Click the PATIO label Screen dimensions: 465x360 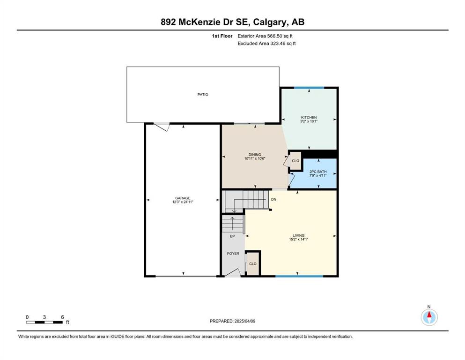click(203, 94)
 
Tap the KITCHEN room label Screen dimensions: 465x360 click(309, 118)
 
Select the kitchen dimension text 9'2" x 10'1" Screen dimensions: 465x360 click(309, 121)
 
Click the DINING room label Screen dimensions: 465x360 click(255, 155)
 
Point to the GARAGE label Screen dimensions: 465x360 click(183, 198)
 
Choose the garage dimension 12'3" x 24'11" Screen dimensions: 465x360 click(183, 202)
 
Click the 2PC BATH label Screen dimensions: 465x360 click(318, 172)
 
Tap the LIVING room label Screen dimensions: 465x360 click(299, 235)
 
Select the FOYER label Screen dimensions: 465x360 click(233, 254)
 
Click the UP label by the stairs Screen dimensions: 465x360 click(232, 236)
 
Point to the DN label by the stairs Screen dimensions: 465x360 click(273, 199)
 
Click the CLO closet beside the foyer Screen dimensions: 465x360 click(253, 264)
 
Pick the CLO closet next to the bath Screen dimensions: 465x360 click(295, 161)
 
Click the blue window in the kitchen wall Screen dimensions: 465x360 click(309, 88)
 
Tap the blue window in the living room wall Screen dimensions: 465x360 click(299, 276)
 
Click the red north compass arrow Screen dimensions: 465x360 click(429, 315)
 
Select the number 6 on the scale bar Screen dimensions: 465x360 click(62, 317)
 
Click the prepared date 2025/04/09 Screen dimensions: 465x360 click(245, 321)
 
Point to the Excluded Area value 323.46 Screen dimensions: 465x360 click(278, 43)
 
